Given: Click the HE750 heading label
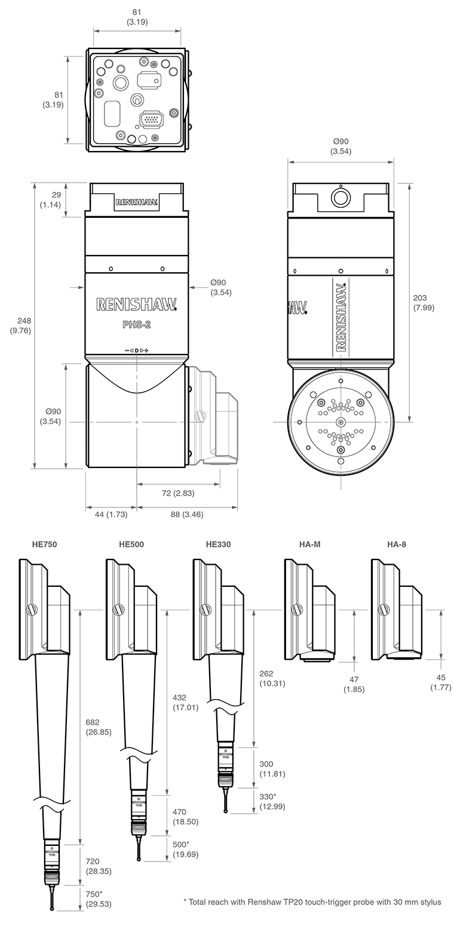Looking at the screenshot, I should [x=45, y=544].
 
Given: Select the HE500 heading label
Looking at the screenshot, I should [x=131, y=544].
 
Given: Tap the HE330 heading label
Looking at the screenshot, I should [x=218, y=544].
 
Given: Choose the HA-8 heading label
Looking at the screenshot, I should [x=397, y=544].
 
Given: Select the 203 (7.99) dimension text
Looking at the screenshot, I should [x=423, y=303].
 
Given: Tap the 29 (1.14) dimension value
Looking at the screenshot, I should [x=52, y=200].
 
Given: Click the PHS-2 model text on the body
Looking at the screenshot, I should [x=136, y=326].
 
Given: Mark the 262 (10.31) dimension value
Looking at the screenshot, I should [x=272, y=678].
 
